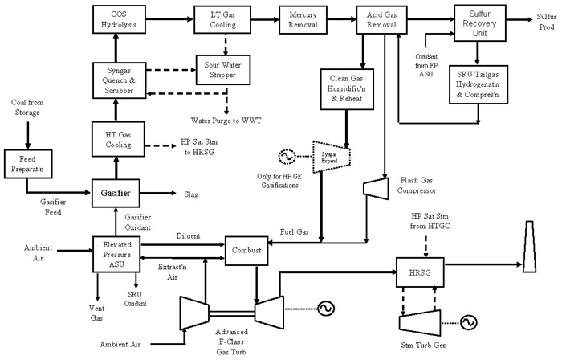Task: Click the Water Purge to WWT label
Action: point(226,120)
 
